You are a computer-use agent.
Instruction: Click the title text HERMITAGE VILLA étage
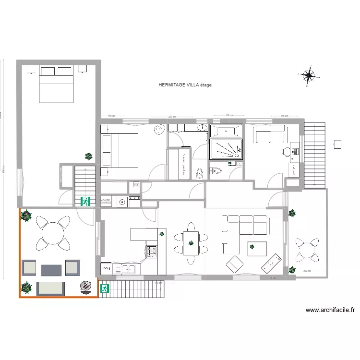pyautogui.click(x=185, y=85)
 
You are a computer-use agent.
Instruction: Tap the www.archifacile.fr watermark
pyautogui.click(x=330, y=310)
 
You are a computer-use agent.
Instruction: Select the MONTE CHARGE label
pyautogui.click(x=106, y=202)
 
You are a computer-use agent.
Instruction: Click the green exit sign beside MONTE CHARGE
pyautogui.click(x=86, y=202)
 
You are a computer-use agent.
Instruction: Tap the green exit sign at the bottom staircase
pyautogui.click(x=104, y=288)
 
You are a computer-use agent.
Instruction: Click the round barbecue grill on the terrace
pyautogui.click(x=86, y=287)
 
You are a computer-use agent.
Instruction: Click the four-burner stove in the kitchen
pyautogui.click(x=152, y=250)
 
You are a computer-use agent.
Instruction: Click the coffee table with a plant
pyautogui.click(x=257, y=249)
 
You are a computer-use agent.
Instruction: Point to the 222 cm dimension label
pyautogui.click(x=171, y=117)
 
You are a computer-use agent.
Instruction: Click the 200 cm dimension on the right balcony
pyautogui.click(x=307, y=271)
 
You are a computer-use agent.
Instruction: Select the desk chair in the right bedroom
pyautogui.click(x=286, y=151)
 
